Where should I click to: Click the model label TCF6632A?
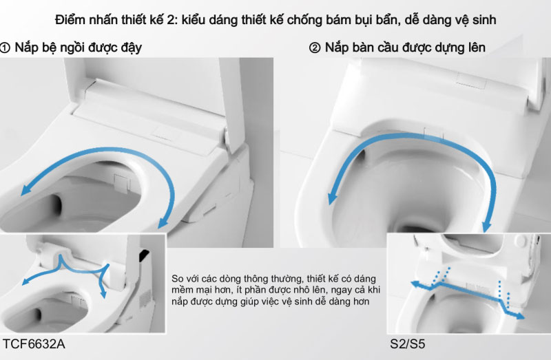click(x=34, y=344)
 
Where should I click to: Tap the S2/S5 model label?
click(x=408, y=344)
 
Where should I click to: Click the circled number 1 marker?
click(x=5, y=47)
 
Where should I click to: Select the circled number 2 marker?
click(x=315, y=47)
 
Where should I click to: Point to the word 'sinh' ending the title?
click(x=484, y=20)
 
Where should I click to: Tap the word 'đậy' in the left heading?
click(x=131, y=48)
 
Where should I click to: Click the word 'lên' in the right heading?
click(x=476, y=47)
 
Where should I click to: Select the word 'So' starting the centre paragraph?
click(x=178, y=279)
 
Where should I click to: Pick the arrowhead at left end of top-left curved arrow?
click(x=25, y=191)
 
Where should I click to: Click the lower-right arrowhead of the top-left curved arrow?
click(x=163, y=222)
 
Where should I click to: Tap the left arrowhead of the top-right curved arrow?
click(x=332, y=198)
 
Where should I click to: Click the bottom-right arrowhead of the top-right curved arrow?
click(x=487, y=226)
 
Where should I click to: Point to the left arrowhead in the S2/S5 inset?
click(x=415, y=284)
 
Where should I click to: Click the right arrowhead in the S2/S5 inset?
click(x=520, y=316)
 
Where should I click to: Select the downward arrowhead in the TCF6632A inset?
click(x=103, y=295)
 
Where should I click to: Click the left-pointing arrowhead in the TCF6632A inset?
click(x=25, y=282)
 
